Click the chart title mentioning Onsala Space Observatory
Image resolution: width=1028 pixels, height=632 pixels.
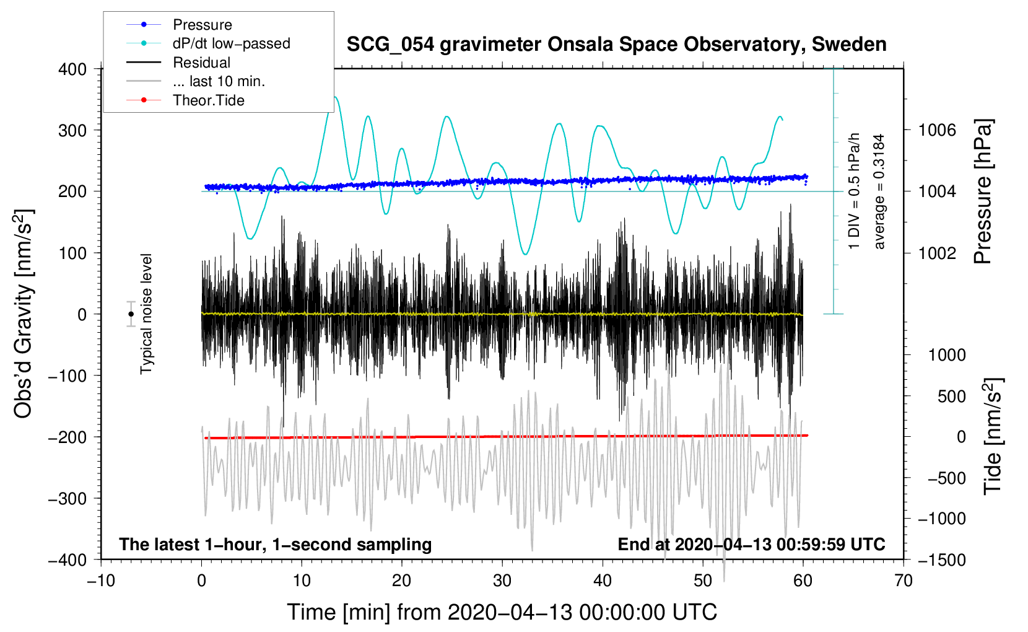click(616, 45)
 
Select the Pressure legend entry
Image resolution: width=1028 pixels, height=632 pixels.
click(180, 24)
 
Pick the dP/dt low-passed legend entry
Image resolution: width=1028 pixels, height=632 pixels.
click(208, 43)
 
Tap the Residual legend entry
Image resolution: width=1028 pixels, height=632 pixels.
click(178, 62)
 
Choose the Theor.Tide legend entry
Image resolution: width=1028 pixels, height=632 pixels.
click(185, 100)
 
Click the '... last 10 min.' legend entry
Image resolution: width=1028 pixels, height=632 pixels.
click(196, 81)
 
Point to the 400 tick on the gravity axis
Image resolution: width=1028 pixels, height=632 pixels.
click(72, 69)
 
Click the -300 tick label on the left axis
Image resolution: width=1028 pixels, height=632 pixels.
click(68, 498)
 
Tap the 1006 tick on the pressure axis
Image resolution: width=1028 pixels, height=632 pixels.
click(937, 131)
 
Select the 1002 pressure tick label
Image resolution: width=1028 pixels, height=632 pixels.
click(937, 253)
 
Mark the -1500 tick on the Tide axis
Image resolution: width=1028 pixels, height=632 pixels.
click(942, 560)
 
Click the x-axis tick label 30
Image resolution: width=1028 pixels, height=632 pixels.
click(502, 581)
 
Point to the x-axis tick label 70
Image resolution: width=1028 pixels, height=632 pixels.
click(903, 581)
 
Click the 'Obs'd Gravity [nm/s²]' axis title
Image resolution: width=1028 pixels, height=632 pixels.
click(24, 314)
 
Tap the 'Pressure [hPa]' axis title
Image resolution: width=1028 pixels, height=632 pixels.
click(983, 191)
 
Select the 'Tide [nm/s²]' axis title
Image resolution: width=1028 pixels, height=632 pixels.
click(993, 436)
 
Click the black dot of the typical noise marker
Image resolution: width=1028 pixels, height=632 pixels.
click(131, 314)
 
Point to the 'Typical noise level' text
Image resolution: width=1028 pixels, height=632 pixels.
click(146, 314)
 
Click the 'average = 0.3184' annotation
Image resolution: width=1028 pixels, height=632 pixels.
click(879, 192)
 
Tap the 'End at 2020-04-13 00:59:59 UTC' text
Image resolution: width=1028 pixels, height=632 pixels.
click(751, 544)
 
